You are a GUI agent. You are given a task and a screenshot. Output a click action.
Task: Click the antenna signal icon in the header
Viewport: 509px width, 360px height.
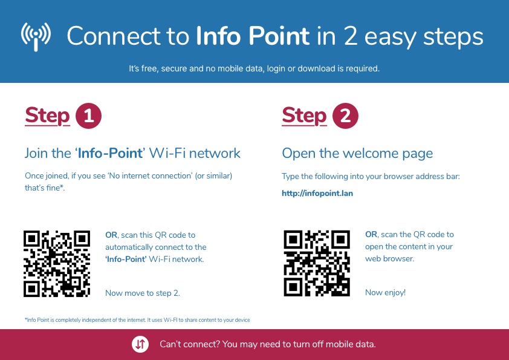point(36,36)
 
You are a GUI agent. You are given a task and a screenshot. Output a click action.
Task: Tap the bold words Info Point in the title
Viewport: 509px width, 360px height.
point(253,36)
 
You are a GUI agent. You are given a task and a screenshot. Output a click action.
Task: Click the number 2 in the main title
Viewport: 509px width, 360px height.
point(350,36)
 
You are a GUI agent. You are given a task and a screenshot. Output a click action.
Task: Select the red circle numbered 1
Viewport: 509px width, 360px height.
point(89,116)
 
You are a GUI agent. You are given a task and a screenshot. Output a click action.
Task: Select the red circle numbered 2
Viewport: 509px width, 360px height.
point(345,116)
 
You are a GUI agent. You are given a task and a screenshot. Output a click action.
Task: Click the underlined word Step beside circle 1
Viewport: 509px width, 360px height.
point(47,116)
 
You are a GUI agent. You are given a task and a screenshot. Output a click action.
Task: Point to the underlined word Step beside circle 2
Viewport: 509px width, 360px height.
point(304,116)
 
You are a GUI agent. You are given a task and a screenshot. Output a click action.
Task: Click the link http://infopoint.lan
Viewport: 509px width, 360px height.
point(317,194)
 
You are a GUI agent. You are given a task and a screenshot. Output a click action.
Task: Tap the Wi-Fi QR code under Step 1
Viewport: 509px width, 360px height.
point(57,264)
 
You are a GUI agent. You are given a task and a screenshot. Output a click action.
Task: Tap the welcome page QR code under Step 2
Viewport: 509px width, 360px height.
point(317,264)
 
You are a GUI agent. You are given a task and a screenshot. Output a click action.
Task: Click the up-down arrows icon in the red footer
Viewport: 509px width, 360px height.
point(140,344)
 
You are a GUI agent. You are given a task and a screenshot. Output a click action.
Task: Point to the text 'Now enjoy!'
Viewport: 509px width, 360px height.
point(385,292)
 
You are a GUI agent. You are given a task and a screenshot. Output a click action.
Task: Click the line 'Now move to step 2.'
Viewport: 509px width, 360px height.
point(143,293)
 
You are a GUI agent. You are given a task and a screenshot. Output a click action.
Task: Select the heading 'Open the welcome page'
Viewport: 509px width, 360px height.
point(357,153)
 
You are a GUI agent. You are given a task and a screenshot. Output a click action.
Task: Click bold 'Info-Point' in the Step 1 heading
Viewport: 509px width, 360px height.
point(110,153)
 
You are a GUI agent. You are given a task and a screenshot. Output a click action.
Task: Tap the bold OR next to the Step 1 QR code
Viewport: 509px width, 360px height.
point(111,235)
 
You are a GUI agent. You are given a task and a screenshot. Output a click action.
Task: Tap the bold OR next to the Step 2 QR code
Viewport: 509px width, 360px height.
point(371,234)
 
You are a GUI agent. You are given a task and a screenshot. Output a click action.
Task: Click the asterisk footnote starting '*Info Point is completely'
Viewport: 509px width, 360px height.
point(137,320)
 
